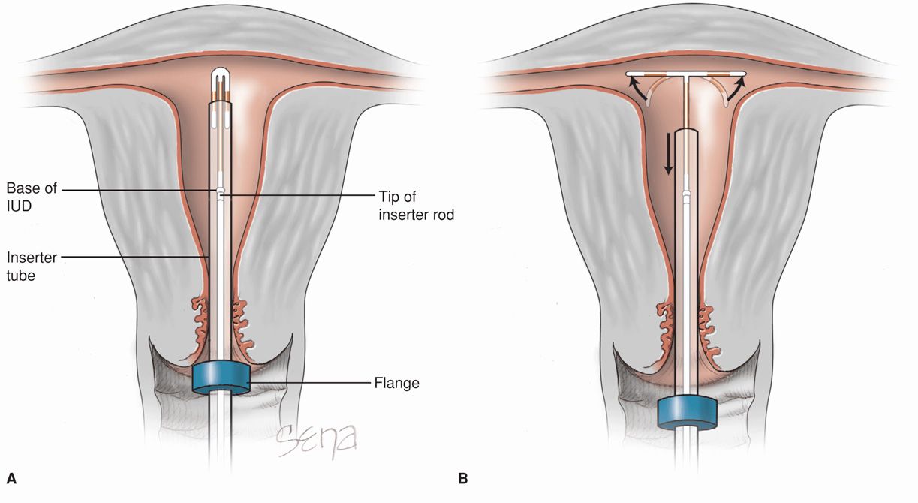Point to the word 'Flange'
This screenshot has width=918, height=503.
click(396, 383)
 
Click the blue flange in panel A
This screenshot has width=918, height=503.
click(221, 378)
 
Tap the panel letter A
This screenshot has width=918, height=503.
click(11, 477)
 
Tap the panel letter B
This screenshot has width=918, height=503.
click(462, 477)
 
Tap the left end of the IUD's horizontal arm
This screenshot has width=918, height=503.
click(628, 74)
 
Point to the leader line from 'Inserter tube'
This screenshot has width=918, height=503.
click(135, 258)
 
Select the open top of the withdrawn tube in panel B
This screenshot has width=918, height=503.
click(685, 132)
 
